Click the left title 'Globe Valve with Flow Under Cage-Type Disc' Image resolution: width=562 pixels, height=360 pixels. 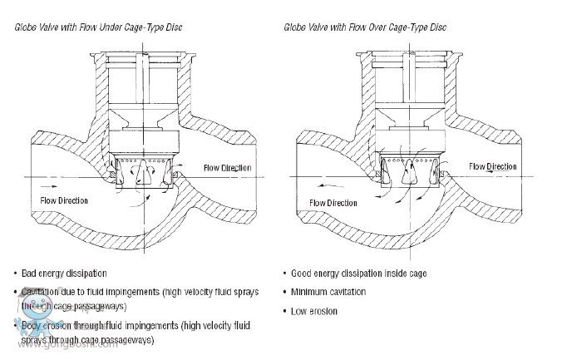[x=99, y=28]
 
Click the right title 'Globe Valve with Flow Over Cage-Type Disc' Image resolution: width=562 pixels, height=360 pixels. [x=365, y=28]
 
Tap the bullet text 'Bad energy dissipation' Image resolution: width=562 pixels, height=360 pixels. [x=71, y=273]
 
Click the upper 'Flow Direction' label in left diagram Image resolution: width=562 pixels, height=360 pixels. [x=227, y=169]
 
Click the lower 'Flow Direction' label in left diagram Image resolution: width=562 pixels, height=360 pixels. [x=64, y=200]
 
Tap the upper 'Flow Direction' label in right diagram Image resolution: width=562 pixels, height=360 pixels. [x=493, y=167]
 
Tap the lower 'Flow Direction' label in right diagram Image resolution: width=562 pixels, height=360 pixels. [x=333, y=202]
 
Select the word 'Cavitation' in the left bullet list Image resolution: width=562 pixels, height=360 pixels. [x=42, y=292]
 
